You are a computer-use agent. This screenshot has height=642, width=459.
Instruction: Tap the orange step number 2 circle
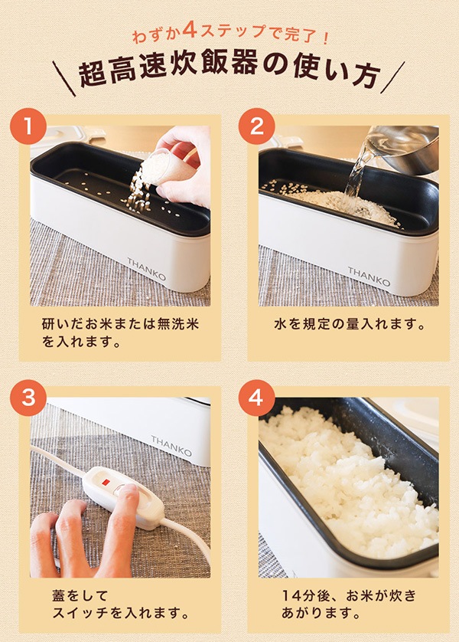[x=256, y=128]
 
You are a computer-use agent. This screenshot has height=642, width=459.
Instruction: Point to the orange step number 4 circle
[x=256, y=399]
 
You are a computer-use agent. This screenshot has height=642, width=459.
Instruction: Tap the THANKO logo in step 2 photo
[x=369, y=277]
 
